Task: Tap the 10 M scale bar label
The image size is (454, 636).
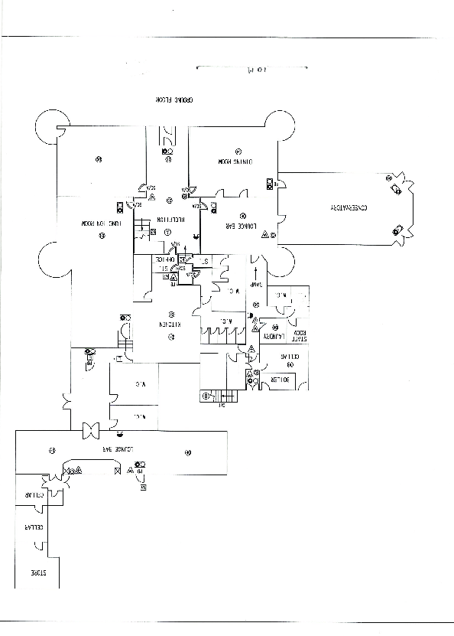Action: [x=251, y=71]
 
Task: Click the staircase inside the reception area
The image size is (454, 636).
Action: [x=143, y=230]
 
